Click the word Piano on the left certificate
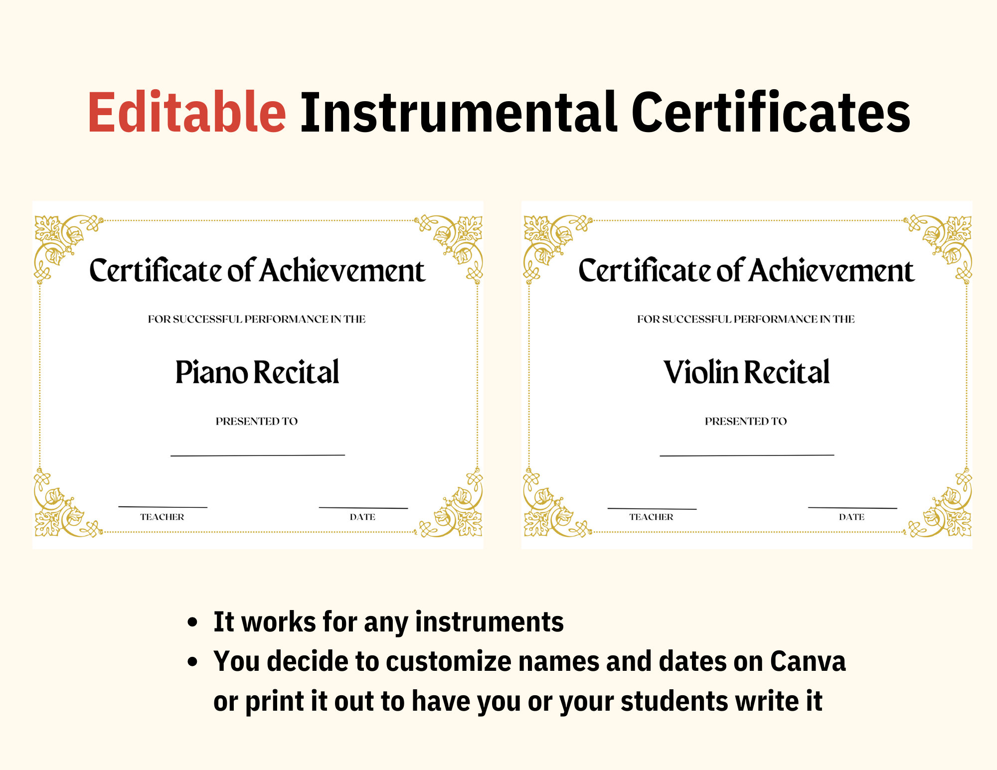coord(211,373)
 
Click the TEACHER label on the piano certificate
coord(162,517)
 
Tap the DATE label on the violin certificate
coord(851,517)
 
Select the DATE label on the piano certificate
coord(362,517)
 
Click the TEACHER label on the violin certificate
coord(651,517)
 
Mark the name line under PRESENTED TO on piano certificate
coord(258,455)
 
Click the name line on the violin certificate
coord(747,455)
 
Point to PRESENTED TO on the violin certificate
coord(746,422)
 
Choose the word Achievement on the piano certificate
coord(342,272)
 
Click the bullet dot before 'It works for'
coord(192,623)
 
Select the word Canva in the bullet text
coord(808,662)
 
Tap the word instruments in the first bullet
coord(489,622)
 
